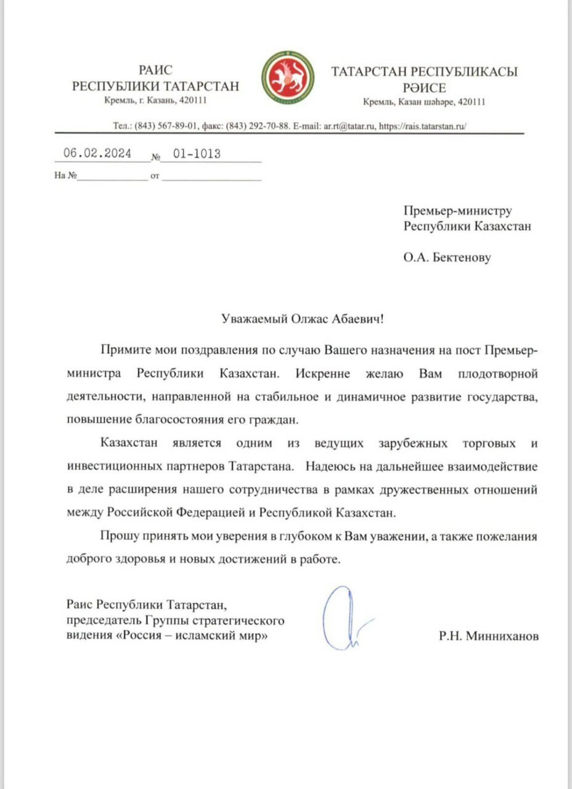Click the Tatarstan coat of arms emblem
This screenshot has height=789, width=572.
tap(285, 77)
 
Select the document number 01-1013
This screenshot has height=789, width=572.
tap(197, 154)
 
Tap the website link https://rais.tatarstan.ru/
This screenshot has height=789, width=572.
tap(423, 125)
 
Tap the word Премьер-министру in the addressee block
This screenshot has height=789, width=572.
tap(458, 211)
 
